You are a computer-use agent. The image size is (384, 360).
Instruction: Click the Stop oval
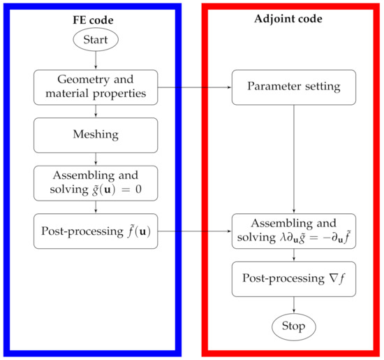[x=293, y=326]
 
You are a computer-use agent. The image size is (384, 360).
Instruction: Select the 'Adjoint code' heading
[x=293, y=19]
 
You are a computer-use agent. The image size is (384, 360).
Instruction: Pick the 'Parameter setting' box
[x=293, y=88]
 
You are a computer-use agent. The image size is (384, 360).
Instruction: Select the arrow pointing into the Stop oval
[x=293, y=304]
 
